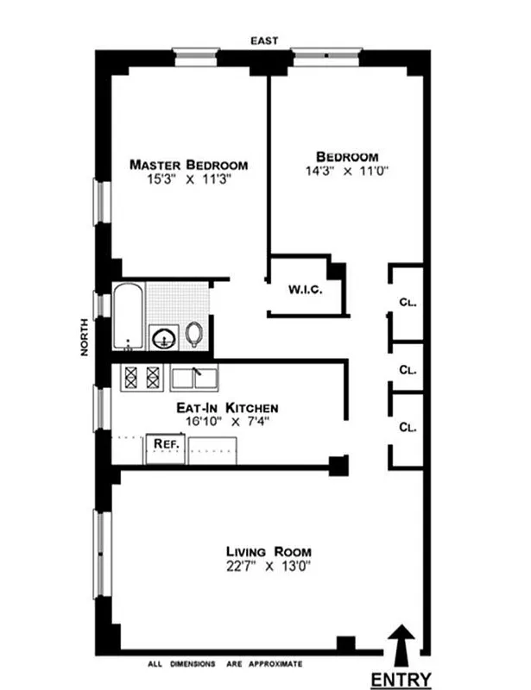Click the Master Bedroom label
[188, 165]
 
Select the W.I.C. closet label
[305, 291]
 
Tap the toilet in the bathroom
[195, 334]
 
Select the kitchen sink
[194, 377]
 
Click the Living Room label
[269, 552]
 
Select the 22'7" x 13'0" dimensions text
[269, 567]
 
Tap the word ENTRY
[401, 680]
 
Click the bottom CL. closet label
[408, 427]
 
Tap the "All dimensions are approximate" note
[224, 664]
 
